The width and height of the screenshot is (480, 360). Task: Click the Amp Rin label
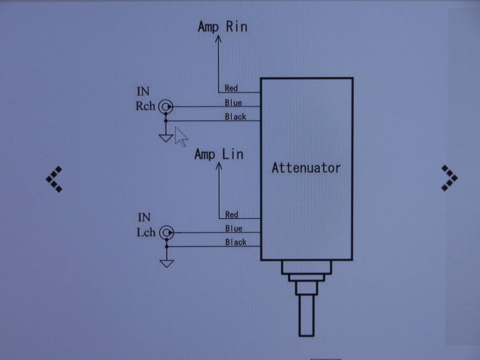222,27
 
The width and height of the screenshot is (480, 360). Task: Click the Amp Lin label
219,154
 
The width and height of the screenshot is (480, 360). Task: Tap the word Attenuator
306,168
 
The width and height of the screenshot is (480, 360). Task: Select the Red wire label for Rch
231,88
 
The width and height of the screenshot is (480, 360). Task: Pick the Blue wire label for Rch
233,103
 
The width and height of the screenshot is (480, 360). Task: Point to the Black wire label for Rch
236,117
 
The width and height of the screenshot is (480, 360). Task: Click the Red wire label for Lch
232,215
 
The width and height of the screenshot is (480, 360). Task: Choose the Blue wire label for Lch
234,229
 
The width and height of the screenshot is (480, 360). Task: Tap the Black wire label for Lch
236,242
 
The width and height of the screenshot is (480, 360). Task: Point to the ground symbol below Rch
166,138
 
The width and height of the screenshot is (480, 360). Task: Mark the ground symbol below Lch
167,264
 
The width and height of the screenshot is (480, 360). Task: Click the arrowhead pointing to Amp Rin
218,39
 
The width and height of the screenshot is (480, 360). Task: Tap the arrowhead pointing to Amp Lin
219,166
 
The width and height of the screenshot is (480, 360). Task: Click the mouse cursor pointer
181,137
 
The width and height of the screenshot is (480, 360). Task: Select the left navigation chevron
54,179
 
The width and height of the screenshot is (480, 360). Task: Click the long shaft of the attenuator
306,316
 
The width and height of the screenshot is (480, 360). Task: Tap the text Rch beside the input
146,106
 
